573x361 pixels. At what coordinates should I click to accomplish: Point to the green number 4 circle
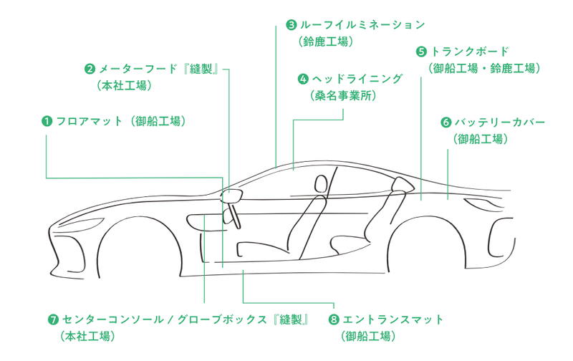click(x=303, y=78)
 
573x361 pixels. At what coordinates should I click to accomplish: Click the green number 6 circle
click(x=447, y=122)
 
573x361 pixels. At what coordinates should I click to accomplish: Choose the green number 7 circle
click(x=53, y=319)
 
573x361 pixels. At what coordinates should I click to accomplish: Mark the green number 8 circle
click(x=334, y=319)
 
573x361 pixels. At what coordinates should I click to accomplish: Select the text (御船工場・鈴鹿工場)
click(x=483, y=69)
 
